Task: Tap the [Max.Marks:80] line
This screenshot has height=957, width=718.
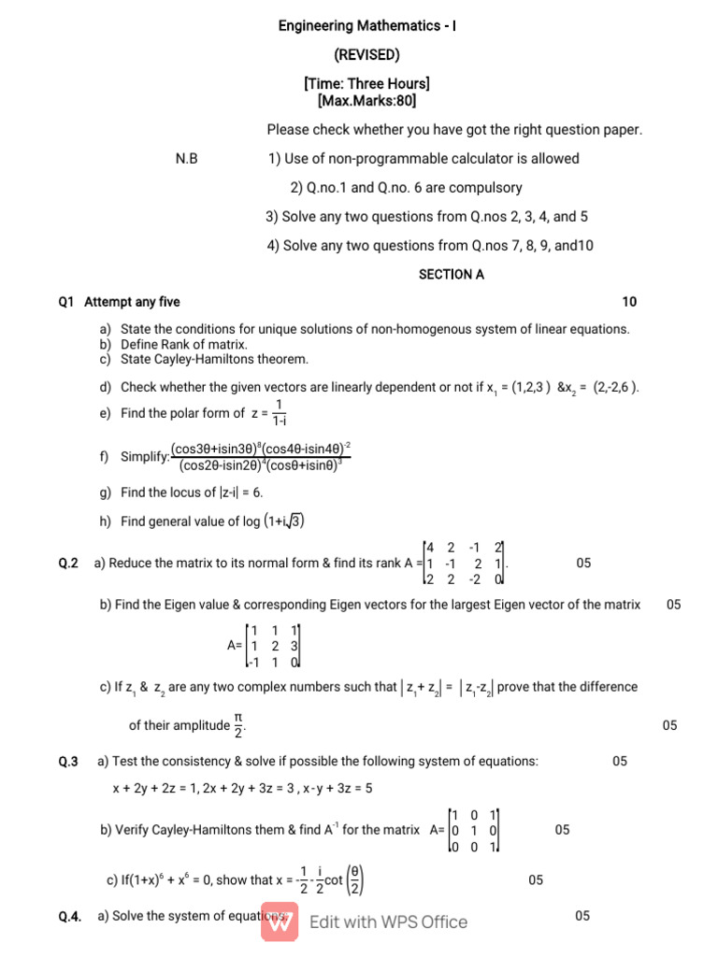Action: [366, 100]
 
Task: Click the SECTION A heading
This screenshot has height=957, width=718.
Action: [452, 275]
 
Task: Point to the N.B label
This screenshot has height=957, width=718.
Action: [187, 159]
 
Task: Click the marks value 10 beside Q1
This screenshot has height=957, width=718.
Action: [629, 302]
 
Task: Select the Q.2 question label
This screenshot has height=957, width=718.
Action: [68, 564]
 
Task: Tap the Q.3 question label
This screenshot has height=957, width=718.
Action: [68, 762]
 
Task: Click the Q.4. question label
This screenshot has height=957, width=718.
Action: [70, 917]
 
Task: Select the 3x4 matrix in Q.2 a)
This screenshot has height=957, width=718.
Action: [465, 564]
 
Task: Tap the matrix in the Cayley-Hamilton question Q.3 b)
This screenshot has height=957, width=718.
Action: [475, 830]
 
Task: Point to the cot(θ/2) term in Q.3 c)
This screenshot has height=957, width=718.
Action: [344, 880]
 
